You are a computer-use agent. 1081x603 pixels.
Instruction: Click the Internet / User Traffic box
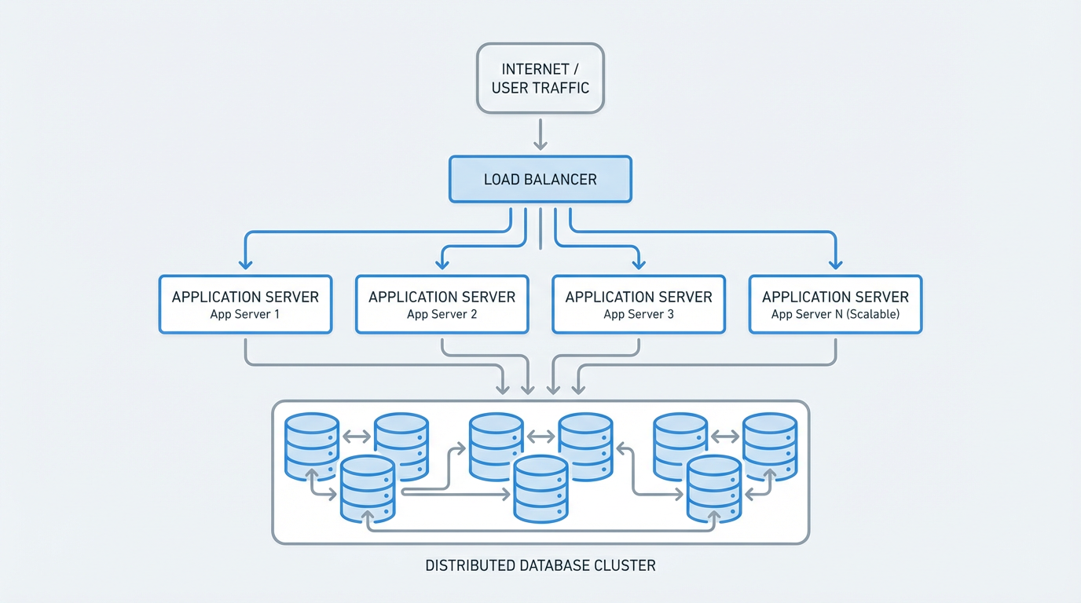coord(540,78)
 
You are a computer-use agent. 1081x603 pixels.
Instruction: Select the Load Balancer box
coord(540,179)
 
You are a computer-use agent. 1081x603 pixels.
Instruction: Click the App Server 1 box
coord(245,305)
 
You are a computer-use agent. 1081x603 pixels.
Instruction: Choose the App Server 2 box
coord(442,305)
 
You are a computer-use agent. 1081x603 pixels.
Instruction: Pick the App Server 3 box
coord(639,305)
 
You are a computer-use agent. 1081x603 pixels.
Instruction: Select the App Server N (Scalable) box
coord(835,305)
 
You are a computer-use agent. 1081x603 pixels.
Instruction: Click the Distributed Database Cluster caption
coord(540,565)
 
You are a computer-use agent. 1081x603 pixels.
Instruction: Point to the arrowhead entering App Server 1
coord(245,265)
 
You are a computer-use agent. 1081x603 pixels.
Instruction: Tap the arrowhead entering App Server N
coord(835,265)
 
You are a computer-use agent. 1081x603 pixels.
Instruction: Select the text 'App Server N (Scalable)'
coord(835,315)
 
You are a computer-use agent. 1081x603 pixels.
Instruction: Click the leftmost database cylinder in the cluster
coord(312,446)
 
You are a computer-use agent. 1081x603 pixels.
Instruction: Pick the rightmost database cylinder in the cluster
coord(770,446)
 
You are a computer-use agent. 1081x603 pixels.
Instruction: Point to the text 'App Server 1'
coord(245,315)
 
